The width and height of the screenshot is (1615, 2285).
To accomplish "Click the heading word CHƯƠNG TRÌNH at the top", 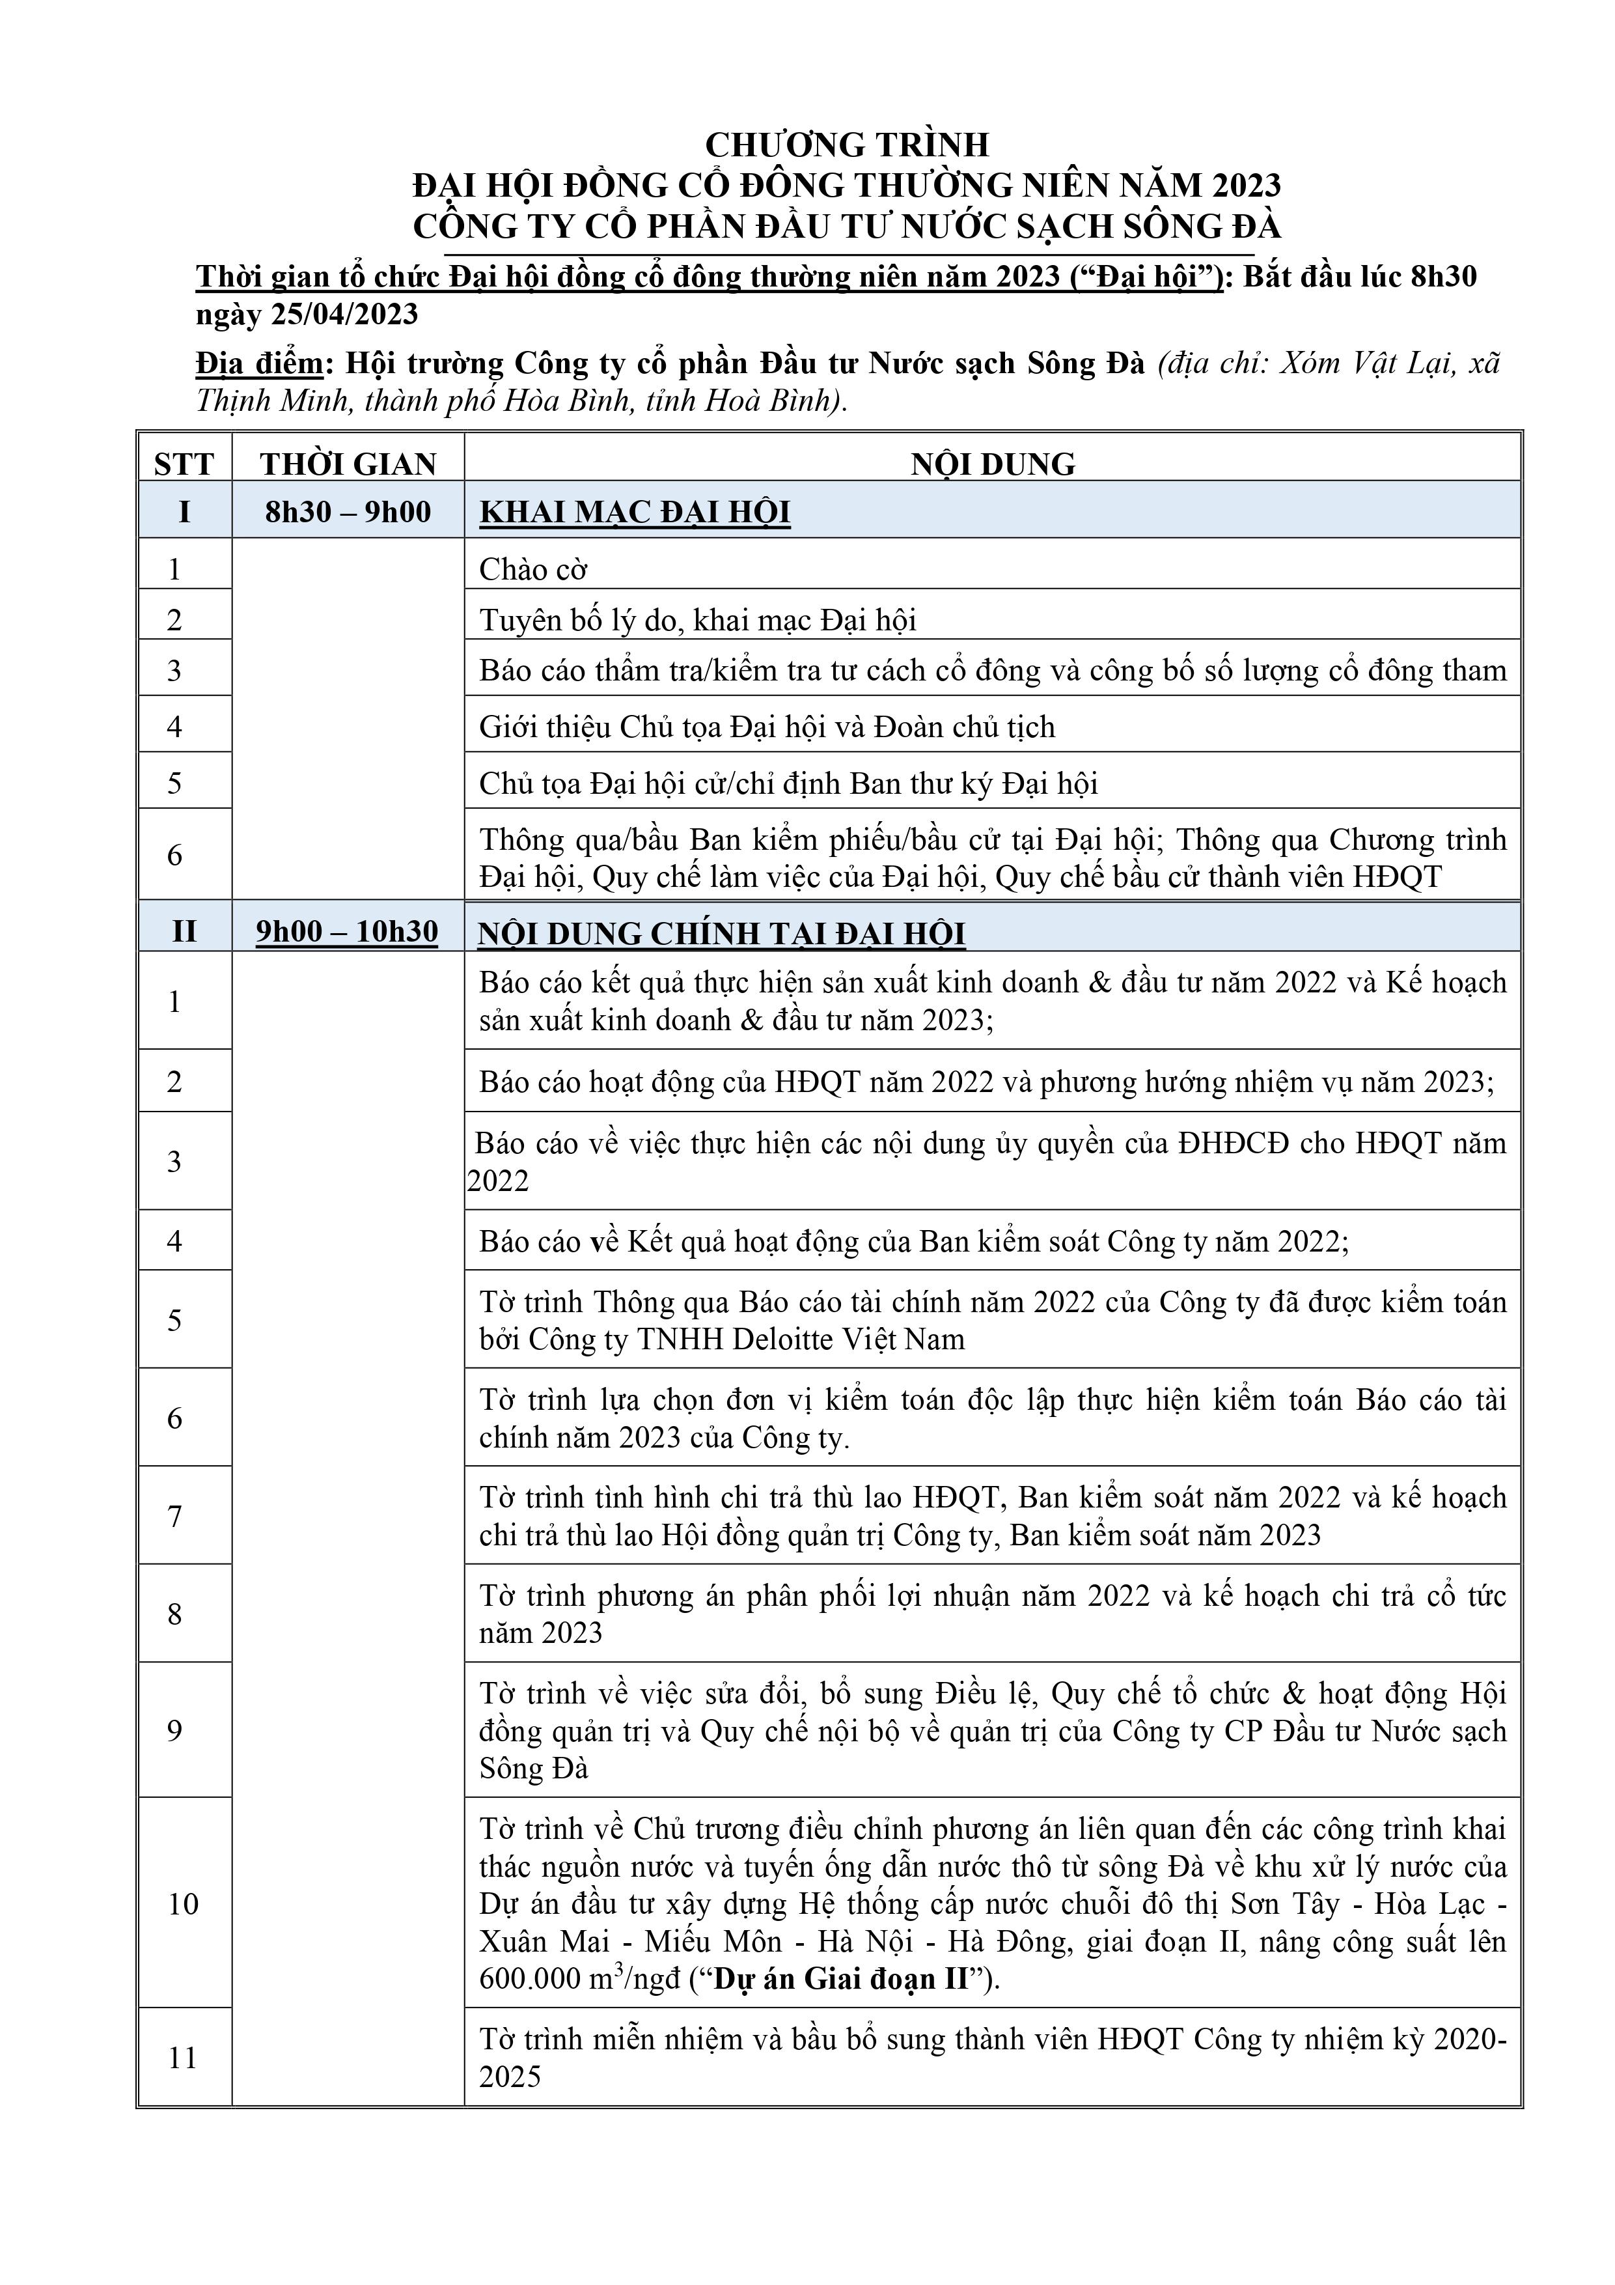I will click(x=847, y=145).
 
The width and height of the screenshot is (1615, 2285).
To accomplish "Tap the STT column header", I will click(x=184, y=464).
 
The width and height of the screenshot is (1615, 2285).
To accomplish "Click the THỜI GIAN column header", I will click(x=348, y=464).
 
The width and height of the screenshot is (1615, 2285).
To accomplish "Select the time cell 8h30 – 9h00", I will click(x=348, y=512).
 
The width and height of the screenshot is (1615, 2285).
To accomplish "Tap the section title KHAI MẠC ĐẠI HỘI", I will click(x=635, y=512).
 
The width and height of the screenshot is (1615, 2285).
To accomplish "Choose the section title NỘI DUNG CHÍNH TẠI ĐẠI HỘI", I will click(x=721, y=934).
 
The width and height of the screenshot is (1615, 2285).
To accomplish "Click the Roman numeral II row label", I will click(x=184, y=931).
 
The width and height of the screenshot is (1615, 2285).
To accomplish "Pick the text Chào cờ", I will click(x=533, y=569).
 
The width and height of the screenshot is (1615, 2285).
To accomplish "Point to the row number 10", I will click(x=183, y=1904).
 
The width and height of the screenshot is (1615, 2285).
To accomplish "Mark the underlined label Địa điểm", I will click(x=258, y=364).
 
